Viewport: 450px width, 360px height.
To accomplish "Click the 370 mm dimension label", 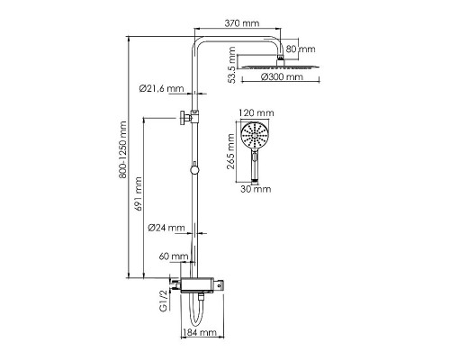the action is coord(242,23).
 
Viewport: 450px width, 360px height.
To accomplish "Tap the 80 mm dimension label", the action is coord(301,49).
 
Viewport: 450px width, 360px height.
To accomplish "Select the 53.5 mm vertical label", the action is coord(231,65).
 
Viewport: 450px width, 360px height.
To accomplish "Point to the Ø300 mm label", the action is coord(282,76).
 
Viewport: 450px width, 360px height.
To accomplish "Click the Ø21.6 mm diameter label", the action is coord(161,88).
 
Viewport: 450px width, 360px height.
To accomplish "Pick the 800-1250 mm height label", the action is coord(122,150).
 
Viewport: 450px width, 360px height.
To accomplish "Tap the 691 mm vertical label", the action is coord(138,194).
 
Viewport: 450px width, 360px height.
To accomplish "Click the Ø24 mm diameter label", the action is coord(166,228).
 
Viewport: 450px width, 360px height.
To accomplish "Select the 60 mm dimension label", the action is coord(174,256).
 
